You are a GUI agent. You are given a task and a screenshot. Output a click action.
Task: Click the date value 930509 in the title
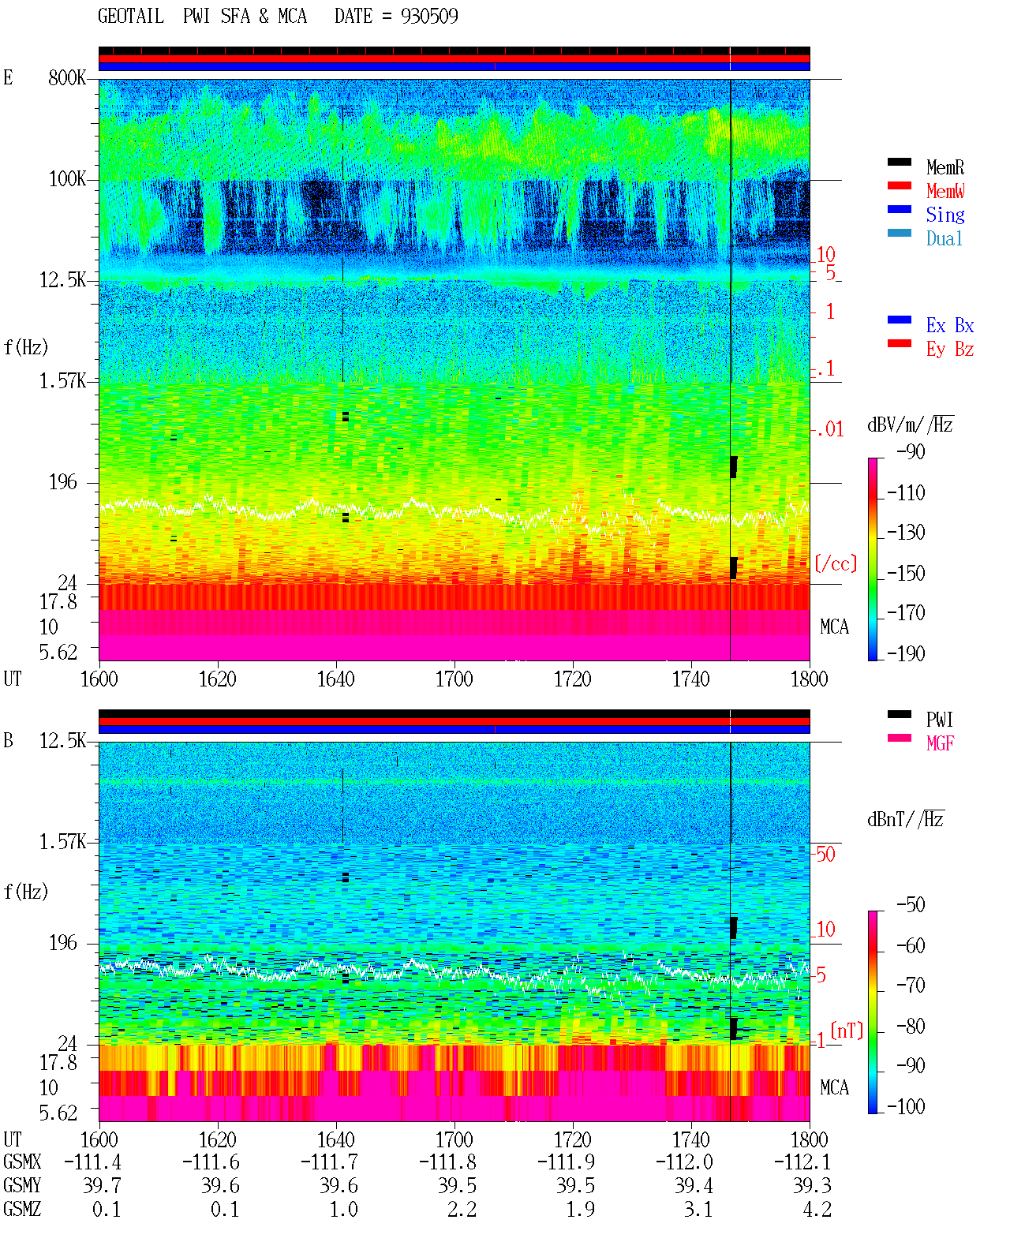coord(429,16)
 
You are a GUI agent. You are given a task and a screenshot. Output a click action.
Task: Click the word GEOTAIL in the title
coord(131,16)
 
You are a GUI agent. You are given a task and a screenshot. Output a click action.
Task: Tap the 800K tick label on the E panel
coord(67,77)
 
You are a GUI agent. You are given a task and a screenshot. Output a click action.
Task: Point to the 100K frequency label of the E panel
coord(67,179)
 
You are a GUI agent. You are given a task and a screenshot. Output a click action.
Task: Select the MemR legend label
coord(945,167)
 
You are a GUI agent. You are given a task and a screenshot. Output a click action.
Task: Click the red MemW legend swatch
coord(899,185)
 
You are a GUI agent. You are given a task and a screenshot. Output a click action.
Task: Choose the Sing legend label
coord(945,215)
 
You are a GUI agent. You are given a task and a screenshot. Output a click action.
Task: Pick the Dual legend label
coord(944,238)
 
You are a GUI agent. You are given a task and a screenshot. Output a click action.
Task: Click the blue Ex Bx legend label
coord(949,325)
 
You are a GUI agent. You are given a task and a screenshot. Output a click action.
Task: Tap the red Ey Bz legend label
coord(949,350)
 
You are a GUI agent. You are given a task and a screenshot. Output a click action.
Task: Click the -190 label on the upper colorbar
coord(906,653)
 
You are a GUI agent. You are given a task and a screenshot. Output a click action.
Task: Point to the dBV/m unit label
coord(910,425)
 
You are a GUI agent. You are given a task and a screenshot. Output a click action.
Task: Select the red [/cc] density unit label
coord(836,563)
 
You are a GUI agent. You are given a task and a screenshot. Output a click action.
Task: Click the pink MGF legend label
coord(940,743)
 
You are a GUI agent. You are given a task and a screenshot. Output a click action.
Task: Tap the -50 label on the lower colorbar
coord(911,905)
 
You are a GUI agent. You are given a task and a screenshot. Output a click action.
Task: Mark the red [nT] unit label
coord(847,1030)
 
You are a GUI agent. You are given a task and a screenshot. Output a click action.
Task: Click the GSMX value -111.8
coord(447,1162)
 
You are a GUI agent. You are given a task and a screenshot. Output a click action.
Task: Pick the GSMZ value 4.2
coord(817,1209)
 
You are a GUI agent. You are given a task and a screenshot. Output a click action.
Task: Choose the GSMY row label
coord(22,1185)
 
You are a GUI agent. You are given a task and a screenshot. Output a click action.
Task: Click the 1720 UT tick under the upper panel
coord(573,679)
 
